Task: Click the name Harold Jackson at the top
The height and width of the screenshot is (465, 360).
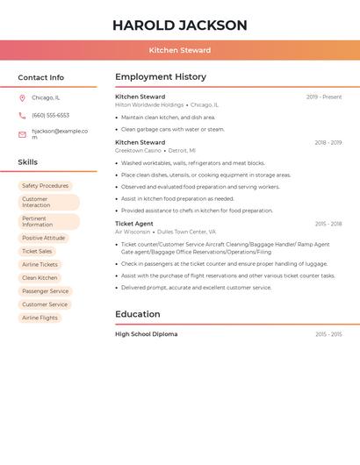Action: click(179, 25)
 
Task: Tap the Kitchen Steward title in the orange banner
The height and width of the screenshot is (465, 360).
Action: click(179, 51)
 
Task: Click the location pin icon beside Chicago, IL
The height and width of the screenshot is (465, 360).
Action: click(22, 98)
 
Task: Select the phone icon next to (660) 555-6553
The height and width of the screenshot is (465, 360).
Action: click(22, 115)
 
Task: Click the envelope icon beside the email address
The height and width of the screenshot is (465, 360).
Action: click(22, 134)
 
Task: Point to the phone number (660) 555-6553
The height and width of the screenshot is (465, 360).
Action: click(50, 115)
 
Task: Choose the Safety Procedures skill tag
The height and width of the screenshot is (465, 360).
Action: click(45, 186)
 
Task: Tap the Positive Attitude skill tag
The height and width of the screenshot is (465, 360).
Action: click(43, 238)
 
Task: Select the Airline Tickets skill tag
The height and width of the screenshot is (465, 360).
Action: click(40, 264)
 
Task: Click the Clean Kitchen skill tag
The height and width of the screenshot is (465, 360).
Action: click(40, 277)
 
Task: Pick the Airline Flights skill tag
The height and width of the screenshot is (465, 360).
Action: click(40, 318)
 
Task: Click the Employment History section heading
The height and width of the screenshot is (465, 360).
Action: click(161, 77)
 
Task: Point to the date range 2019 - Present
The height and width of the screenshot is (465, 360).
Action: click(324, 97)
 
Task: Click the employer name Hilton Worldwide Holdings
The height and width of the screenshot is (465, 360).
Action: click(149, 104)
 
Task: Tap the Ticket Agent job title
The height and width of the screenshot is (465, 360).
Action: click(133, 224)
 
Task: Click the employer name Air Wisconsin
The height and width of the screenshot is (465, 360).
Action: click(132, 232)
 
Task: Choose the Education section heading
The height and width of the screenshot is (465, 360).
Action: click(138, 314)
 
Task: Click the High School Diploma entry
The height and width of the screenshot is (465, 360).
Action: click(146, 334)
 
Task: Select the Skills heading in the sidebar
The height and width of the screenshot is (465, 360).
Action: click(28, 162)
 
